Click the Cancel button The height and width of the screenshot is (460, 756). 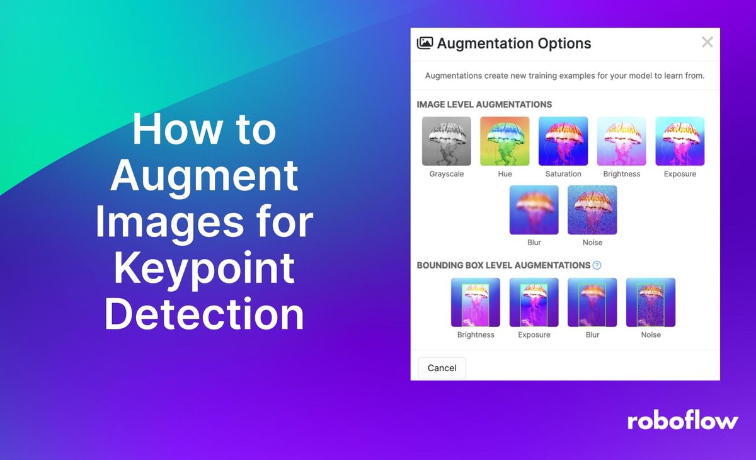tap(442, 368)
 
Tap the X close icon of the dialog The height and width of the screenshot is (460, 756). tap(707, 42)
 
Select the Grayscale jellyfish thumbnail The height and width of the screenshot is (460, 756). tap(447, 141)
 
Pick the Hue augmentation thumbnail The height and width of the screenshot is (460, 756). tap(505, 141)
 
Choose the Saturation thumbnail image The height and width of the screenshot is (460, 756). tap(563, 141)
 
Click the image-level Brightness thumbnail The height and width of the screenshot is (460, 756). tap(622, 141)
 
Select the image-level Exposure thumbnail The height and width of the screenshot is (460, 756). tap(680, 141)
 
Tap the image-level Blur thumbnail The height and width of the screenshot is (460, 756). tap(534, 210)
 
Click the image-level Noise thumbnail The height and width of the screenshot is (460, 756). tap(592, 210)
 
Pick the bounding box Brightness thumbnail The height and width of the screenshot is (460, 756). tap(476, 302)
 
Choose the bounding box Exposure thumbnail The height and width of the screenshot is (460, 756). tap(534, 302)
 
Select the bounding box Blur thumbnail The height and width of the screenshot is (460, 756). tap(592, 302)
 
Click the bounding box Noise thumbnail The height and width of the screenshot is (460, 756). tap(651, 302)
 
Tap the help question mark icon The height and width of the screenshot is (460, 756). tap(597, 265)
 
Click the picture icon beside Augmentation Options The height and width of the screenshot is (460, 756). tap(425, 43)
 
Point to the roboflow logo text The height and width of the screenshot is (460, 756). tap(682, 421)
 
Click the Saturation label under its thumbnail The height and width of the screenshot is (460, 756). tap(563, 174)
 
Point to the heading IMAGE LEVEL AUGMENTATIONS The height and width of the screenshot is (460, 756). tap(484, 105)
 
